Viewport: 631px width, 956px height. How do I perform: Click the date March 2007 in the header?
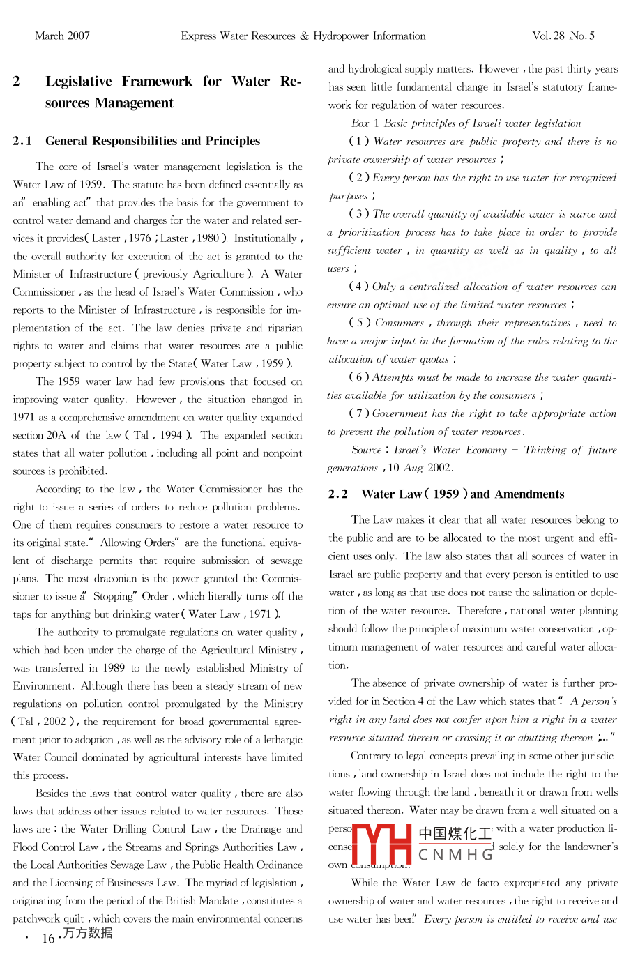point(62,36)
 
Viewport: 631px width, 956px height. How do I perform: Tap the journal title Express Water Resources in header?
point(238,36)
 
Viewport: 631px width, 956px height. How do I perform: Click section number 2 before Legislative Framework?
point(17,82)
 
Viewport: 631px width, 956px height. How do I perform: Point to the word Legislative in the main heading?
point(78,82)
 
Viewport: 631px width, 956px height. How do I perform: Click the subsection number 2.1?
point(22,141)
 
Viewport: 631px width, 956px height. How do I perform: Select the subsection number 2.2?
point(338,494)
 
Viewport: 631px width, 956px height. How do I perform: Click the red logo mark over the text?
point(382,844)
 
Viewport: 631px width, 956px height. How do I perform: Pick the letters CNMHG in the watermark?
point(455,854)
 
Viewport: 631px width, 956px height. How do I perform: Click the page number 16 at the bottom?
point(48,938)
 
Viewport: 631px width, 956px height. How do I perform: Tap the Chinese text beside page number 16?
point(87,933)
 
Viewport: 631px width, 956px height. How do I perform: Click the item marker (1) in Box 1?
point(359,142)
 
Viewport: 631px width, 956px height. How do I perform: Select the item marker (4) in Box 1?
point(359,287)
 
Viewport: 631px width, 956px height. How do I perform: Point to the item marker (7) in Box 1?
point(359,413)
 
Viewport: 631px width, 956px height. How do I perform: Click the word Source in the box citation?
point(367,450)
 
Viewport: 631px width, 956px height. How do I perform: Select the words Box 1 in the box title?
point(365,123)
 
